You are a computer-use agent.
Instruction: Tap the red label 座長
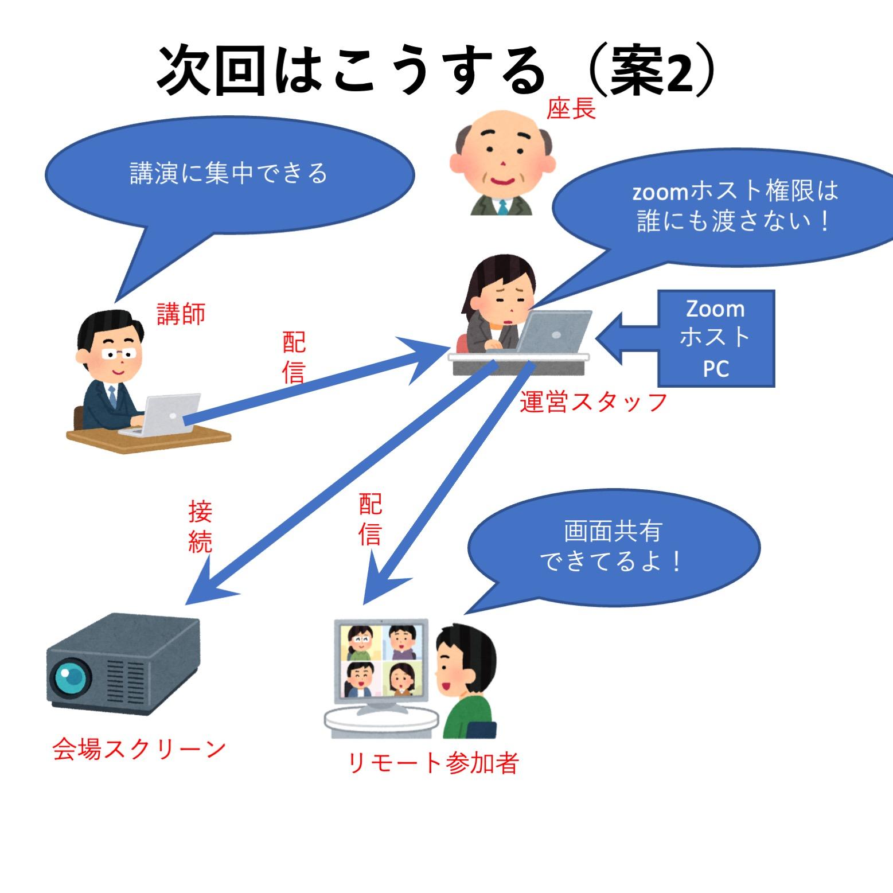(x=571, y=108)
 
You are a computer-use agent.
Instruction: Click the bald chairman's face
(x=502, y=158)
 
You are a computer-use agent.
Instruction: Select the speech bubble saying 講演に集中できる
(x=229, y=173)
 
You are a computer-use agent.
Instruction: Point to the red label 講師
(x=181, y=314)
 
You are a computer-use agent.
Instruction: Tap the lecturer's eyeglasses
(x=121, y=353)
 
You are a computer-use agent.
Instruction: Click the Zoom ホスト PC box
(x=716, y=338)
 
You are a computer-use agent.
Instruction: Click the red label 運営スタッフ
(x=593, y=402)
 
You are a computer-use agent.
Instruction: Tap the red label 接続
(x=200, y=527)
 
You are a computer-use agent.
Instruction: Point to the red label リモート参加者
(x=433, y=763)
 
